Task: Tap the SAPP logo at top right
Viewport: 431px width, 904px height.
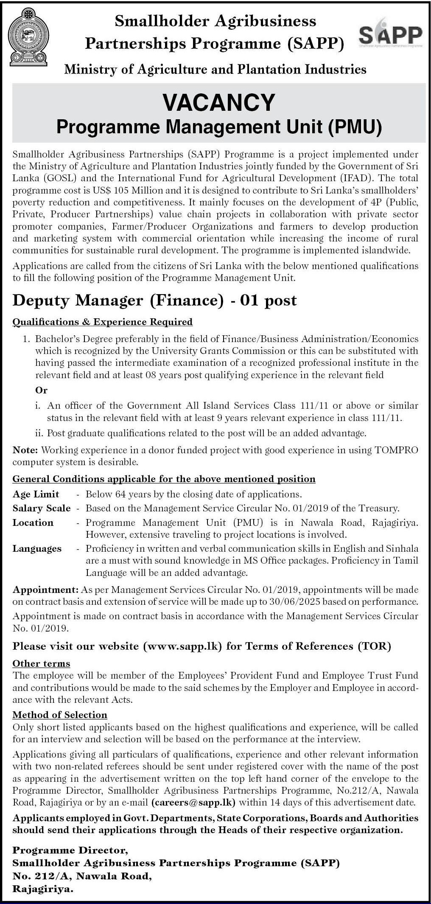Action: (391, 35)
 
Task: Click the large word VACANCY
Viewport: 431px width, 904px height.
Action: (219, 102)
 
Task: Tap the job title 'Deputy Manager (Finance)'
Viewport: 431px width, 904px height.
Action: (118, 300)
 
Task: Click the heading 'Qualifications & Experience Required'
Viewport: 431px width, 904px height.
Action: (103, 322)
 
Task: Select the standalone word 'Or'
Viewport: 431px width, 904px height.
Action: (42, 390)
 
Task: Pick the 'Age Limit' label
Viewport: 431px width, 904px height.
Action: (36, 494)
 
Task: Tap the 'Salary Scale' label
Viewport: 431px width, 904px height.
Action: (42, 508)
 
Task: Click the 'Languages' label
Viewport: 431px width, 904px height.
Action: (37, 548)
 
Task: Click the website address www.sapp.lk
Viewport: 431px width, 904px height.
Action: (183, 646)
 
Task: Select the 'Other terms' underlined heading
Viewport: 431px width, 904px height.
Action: (41, 663)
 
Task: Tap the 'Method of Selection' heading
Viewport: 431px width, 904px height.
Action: (60, 715)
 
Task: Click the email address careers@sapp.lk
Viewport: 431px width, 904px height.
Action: (193, 802)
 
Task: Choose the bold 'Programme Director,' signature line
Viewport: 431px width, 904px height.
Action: (70, 850)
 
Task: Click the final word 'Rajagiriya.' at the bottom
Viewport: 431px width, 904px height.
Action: (43, 889)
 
